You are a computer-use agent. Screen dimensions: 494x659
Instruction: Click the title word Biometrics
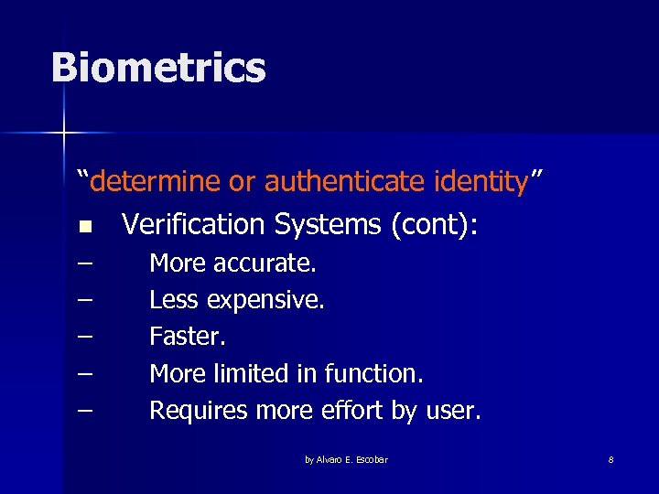pos(158,69)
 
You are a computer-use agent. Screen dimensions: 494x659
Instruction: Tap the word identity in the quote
pos(477,182)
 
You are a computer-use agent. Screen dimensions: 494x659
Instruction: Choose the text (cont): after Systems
pos(434,224)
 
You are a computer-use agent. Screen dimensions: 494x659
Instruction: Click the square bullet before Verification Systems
pos(85,226)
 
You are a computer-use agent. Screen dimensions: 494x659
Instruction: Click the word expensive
pos(265,300)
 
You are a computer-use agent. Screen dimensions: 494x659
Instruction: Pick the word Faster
pos(188,337)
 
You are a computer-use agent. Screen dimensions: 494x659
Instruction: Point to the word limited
pos(254,373)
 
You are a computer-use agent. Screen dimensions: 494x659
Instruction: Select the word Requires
pos(199,411)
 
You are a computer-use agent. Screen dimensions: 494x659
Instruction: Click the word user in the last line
pos(452,412)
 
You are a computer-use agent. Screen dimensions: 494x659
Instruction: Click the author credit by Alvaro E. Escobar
pos(346,459)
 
